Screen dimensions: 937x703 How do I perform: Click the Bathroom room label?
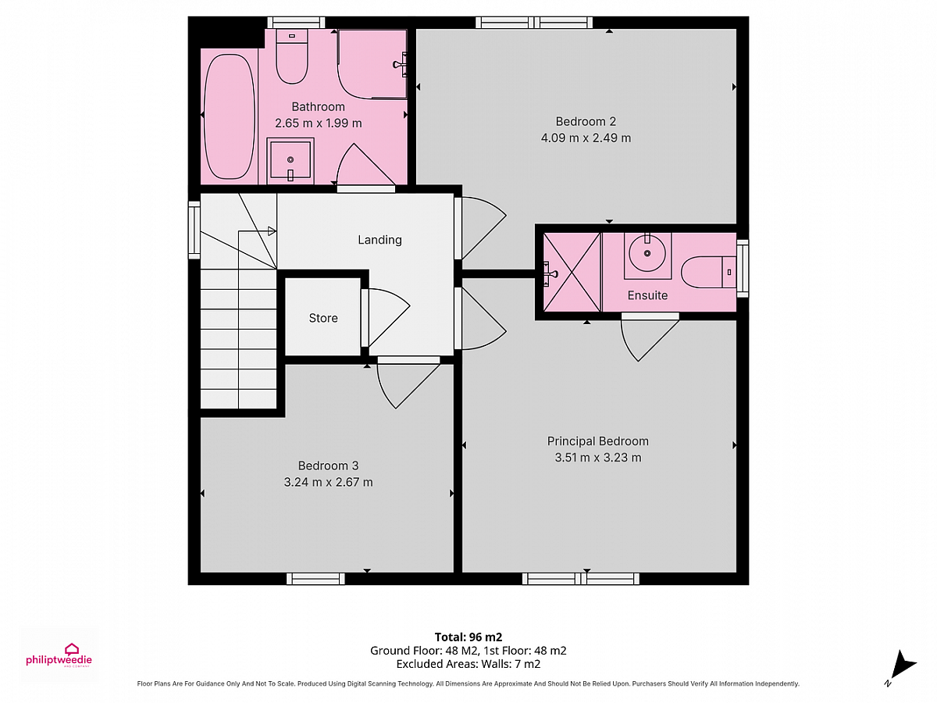pos(318,107)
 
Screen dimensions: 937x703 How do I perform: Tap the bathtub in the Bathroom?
pos(230,116)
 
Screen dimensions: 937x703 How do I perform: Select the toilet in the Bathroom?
pos(291,57)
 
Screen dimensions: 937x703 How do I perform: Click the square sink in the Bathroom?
pos(290,162)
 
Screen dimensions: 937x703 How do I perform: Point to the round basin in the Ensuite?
pos(647,254)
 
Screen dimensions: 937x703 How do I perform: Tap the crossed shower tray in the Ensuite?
pos(572,273)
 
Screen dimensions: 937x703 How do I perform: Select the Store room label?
pos(323,318)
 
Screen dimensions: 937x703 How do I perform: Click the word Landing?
pos(379,240)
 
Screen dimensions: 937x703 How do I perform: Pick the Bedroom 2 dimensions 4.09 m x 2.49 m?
pos(586,138)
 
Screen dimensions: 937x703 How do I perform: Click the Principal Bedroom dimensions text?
pos(597,458)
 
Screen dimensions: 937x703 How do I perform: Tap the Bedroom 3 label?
pos(328,466)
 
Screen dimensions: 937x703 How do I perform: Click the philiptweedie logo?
pos(59,655)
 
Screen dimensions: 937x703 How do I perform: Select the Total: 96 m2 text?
pos(468,637)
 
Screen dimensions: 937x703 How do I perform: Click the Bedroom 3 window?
pos(315,579)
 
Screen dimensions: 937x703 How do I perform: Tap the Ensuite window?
pos(743,269)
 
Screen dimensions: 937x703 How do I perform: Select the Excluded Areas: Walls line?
pos(468,664)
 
